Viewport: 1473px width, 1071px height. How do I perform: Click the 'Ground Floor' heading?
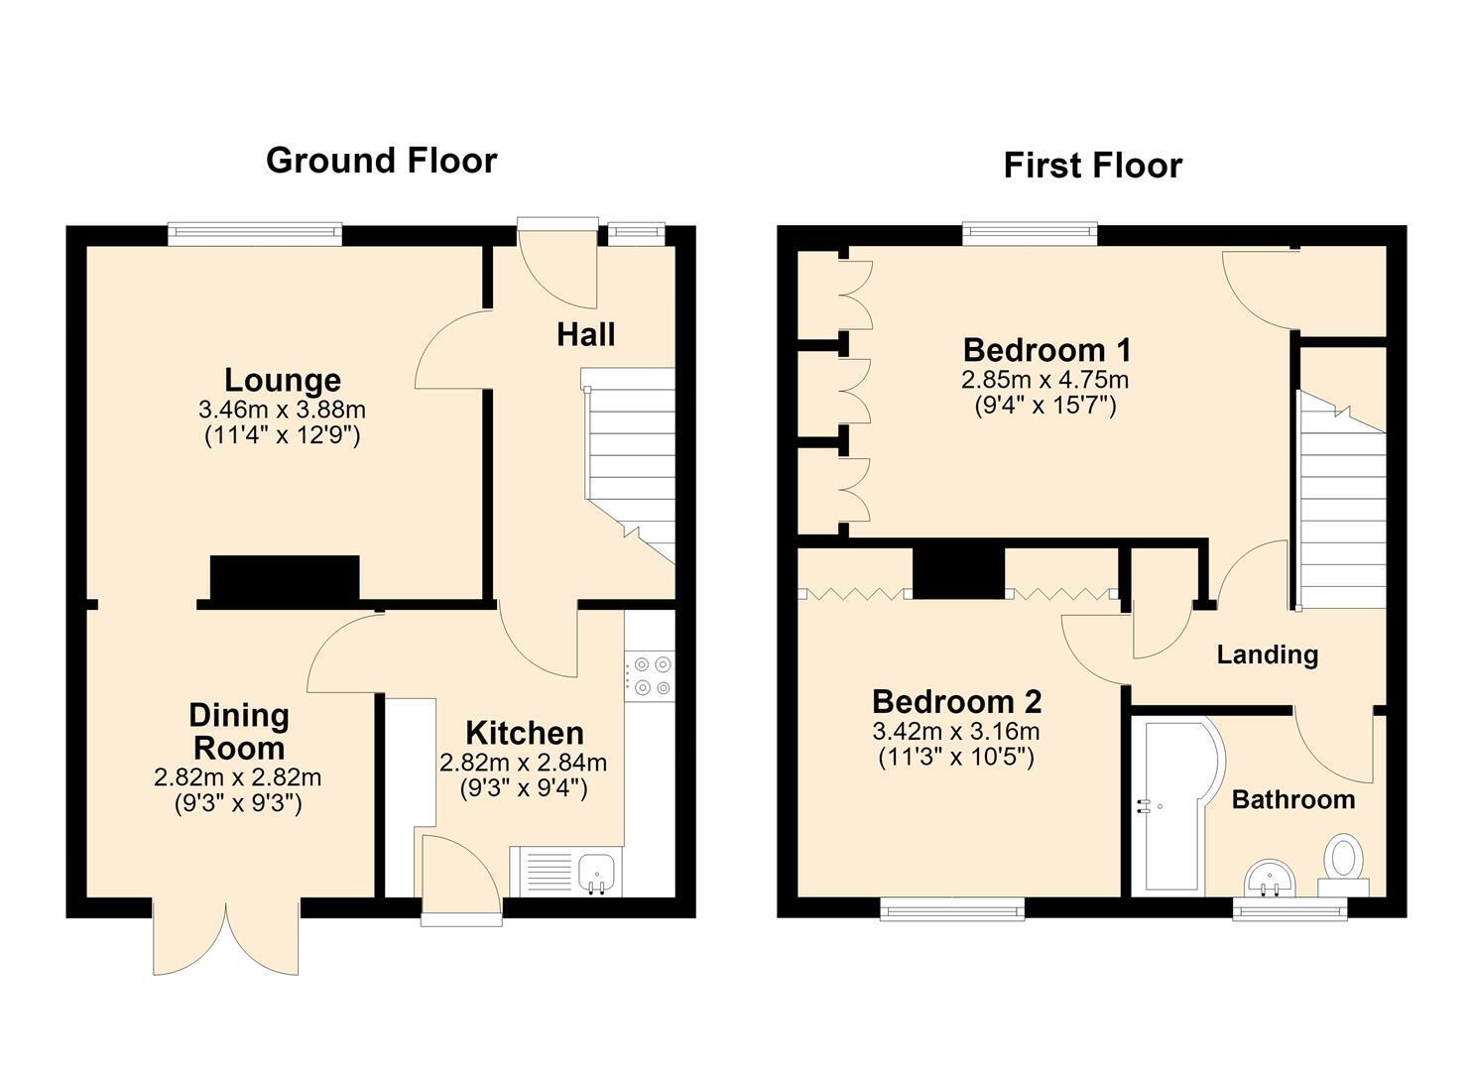382,161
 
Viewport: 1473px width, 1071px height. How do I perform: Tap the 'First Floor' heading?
1093,166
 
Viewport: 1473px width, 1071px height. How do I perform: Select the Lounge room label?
283,380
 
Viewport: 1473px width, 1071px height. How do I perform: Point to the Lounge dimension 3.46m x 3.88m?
282,410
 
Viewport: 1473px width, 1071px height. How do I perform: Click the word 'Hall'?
586,334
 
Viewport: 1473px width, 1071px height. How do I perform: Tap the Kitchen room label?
524,733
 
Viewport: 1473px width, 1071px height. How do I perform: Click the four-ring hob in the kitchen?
650,675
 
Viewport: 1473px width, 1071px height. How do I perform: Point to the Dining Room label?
239,732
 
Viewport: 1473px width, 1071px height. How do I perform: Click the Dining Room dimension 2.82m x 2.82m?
237,777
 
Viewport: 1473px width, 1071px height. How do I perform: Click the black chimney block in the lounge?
285,578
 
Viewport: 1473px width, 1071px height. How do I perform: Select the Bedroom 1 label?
1046,350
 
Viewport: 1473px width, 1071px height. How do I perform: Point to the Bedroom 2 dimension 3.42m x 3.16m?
956,731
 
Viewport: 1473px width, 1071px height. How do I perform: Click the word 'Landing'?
1267,654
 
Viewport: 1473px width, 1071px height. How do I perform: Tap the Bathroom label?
1293,799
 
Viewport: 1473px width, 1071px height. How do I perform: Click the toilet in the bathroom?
1344,865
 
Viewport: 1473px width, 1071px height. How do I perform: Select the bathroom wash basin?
1270,878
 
